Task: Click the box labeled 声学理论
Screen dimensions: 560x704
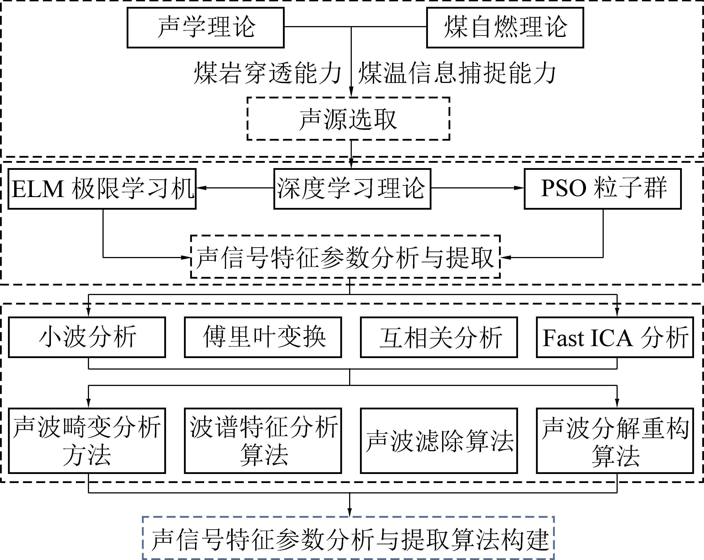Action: coord(205,28)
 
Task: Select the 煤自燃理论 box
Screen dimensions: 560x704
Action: coord(505,28)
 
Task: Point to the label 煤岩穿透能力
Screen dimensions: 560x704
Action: coord(267,73)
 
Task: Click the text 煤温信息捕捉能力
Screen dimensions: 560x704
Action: coord(456,73)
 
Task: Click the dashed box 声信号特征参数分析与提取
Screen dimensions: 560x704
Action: coord(345,257)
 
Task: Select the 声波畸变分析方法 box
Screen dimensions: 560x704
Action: coord(87,440)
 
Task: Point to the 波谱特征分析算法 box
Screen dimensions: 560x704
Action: coord(263,440)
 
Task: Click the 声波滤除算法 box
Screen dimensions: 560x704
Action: coord(439,440)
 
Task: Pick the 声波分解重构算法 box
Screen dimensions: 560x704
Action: coord(615,440)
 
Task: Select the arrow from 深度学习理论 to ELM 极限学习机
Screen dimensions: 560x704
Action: coord(235,188)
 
